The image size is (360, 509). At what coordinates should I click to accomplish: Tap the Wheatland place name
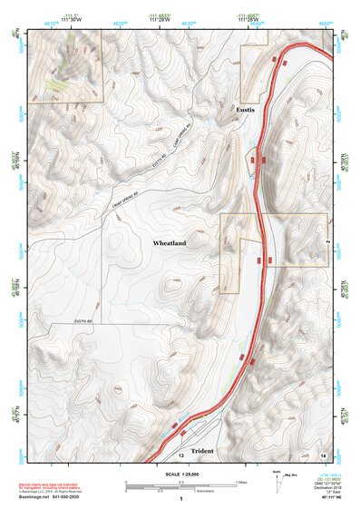coord(170,244)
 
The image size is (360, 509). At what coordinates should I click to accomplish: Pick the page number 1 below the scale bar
coord(182,498)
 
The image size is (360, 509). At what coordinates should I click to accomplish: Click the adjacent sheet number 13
coord(181,453)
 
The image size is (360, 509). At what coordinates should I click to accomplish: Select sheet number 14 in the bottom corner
coord(324,453)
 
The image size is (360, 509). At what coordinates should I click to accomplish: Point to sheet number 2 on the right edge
coord(326,243)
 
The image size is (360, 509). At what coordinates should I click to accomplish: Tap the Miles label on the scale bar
coord(241,481)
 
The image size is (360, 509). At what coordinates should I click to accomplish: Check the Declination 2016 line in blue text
coord(331,486)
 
